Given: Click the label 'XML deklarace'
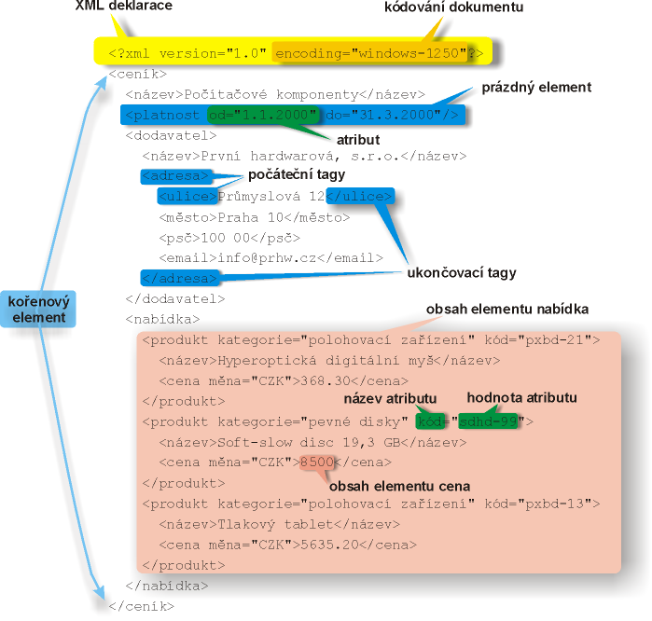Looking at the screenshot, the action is (123, 6).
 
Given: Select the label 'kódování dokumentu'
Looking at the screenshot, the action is (453, 7).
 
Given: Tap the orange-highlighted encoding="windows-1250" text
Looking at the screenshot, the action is (370, 53).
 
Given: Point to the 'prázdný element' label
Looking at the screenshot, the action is (536, 88).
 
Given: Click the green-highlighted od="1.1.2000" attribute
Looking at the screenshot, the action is (263, 115).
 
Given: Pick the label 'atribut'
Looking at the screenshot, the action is (358, 140).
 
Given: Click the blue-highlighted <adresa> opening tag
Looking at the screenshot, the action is (176, 176).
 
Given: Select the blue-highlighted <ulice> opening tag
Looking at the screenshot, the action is (187, 196).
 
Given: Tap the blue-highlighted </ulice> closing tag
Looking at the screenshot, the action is (360, 196).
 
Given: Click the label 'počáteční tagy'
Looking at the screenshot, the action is (297, 174).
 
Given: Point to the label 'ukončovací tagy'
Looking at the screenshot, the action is (462, 272).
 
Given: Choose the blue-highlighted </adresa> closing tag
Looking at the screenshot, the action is (180, 278).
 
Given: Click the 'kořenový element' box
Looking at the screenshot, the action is (38, 309).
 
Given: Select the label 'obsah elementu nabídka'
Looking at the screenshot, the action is (507, 310).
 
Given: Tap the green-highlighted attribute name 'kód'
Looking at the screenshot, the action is (430, 421).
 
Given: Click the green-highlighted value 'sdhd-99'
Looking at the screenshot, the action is (488, 421).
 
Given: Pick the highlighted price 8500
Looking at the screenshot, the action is (317, 462).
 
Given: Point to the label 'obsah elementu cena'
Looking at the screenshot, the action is (399, 487).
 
